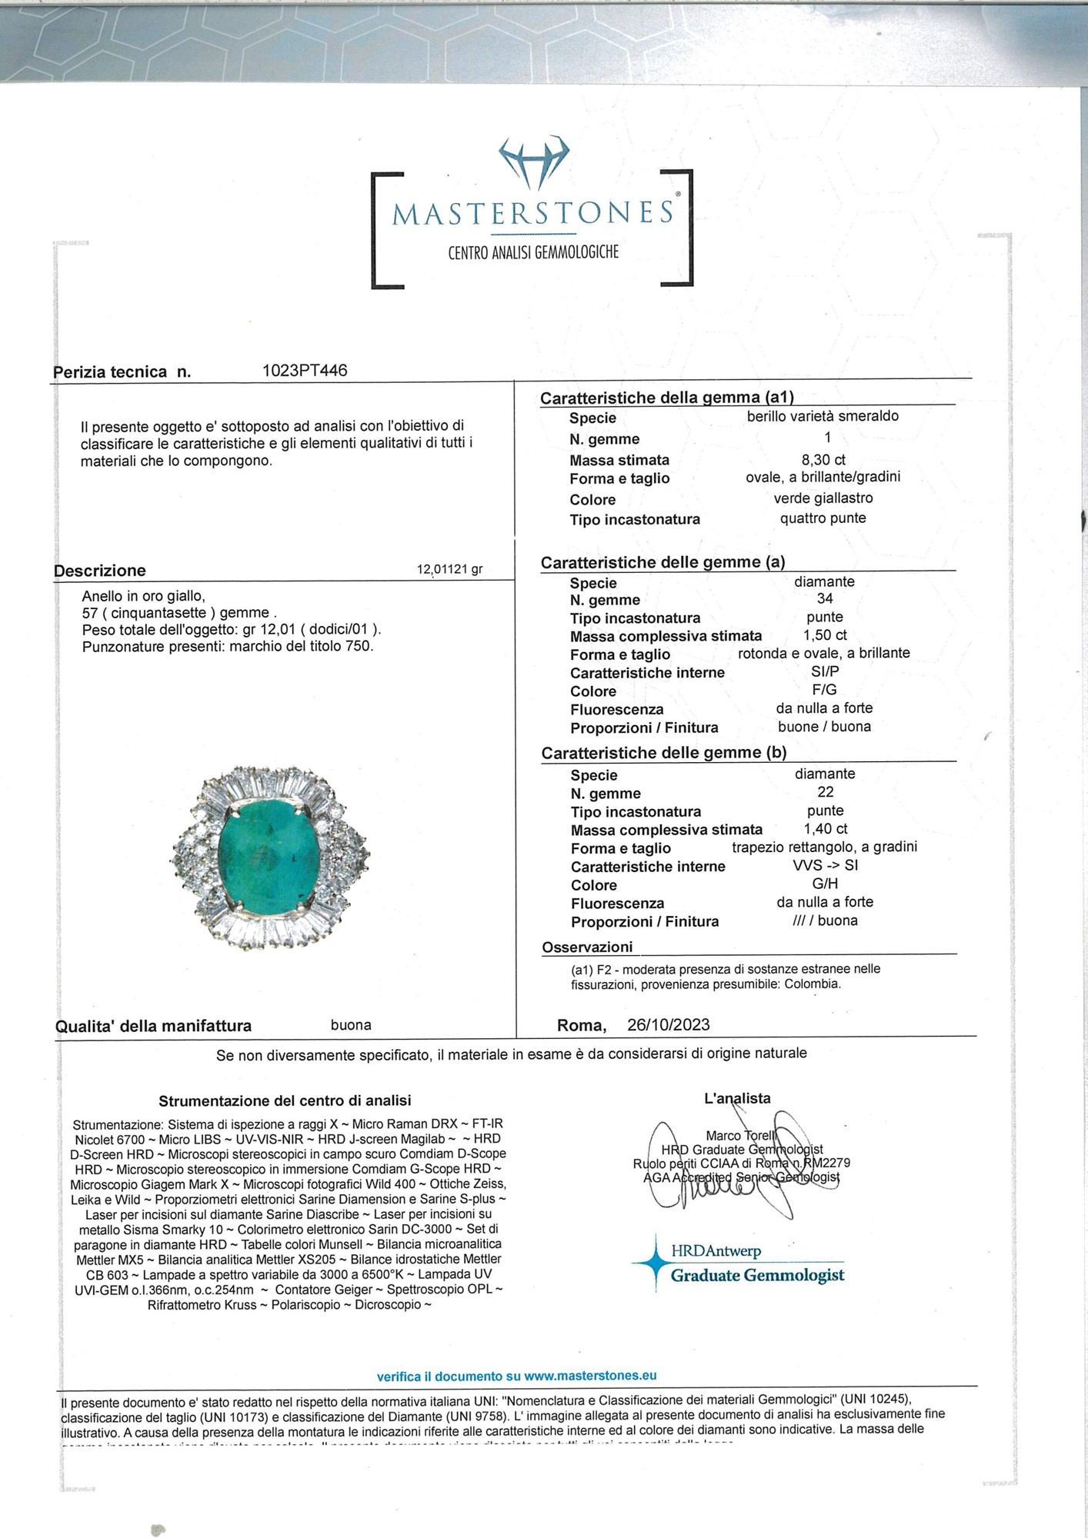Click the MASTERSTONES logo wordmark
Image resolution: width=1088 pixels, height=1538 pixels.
[x=532, y=213]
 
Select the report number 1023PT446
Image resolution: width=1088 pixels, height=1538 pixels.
[x=305, y=371]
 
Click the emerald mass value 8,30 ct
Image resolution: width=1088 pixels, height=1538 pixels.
[x=823, y=460]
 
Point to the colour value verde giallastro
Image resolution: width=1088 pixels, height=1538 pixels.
[x=823, y=498]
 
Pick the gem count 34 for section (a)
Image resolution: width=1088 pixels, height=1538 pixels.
[x=825, y=598]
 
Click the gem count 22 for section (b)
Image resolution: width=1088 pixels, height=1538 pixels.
[x=826, y=792]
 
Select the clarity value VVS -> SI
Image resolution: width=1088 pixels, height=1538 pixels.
[x=826, y=865]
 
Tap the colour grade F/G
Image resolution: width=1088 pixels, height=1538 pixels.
[x=824, y=690]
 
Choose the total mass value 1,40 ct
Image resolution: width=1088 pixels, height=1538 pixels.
[x=826, y=829]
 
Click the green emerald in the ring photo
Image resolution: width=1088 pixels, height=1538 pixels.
[x=266, y=855]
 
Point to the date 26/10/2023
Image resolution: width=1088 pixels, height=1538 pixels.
[x=668, y=1025]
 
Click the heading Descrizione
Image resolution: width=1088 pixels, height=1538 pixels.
[x=100, y=571]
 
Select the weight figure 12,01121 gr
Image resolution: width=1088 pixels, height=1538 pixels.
[x=449, y=570]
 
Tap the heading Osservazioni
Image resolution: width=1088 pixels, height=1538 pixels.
[x=587, y=947]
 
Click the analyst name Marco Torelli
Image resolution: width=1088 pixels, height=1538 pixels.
[x=742, y=1136]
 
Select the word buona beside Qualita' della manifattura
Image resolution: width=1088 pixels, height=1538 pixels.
[x=351, y=1025]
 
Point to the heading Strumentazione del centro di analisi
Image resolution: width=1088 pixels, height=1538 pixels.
[x=285, y=1100]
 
